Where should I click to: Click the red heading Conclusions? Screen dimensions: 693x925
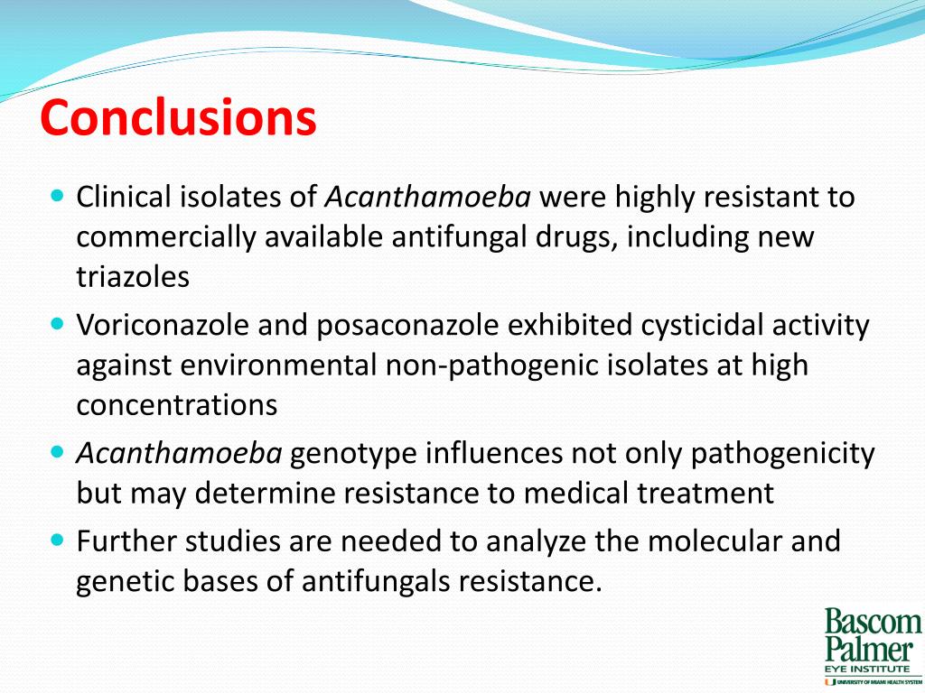tap(178, 118)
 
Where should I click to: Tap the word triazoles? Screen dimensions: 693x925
tap(133, 277)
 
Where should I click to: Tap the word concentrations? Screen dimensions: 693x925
tap(176, 405)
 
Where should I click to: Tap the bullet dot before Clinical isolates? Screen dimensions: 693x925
tap(59, 195)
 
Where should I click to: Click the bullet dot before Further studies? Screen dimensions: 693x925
tap(59, 540)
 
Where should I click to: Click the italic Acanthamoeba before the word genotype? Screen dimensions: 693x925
tap(179, 453)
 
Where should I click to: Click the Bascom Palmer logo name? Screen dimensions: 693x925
tap(872, 636)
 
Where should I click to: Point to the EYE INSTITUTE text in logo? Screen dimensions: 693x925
tap(866, 669)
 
